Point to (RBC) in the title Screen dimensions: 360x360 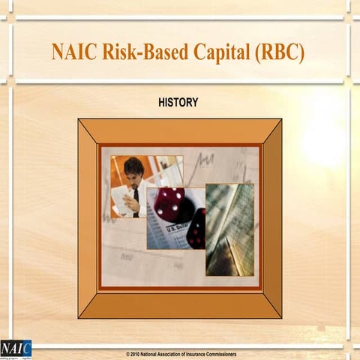coord(279,53)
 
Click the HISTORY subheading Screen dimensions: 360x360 coord(178,102)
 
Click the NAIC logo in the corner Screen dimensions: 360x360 coord(16,348)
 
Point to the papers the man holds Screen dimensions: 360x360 coord(120,197)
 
